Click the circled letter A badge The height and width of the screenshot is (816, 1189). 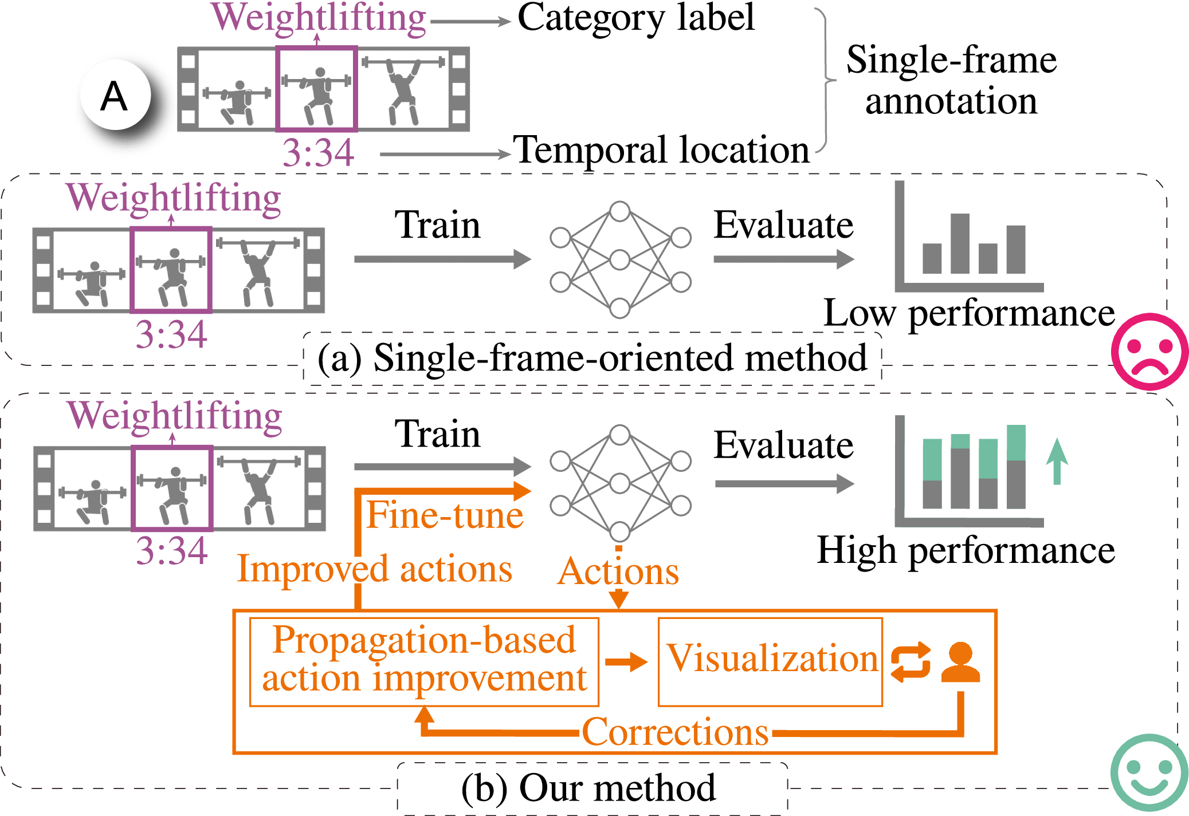pyautogui.click(x=115, y=95)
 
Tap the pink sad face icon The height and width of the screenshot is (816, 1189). pyautogui.click(x=1149, y=352)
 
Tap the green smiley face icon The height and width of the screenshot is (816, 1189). pyautogui.click(x=1149, y=772)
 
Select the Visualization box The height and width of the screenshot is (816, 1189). pyautogui.click(x=770, y=661)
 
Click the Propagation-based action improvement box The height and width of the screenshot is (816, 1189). pyautogui.click(x=424, y=661)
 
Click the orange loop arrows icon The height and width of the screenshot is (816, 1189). pyautogui.click(x=911, y=662)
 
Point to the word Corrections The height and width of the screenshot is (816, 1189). pyautogui.click(x=675, y=732)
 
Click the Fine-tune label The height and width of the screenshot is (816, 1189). pyautogui.click(x=445, y=515)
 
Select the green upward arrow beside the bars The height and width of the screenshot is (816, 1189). pyautogui.click(x=1057, y=461)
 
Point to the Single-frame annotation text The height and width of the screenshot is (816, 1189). pyautogui.click(x=951, y=80)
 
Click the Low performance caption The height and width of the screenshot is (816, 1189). pyautogui.click(x=969, y=313)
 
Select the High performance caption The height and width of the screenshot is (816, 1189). pyautogui.click(x=966, y=550)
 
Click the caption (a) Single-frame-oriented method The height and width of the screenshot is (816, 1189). pyautogui.click(x=592, y=358)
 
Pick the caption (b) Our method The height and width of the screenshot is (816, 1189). pyautogui.click(x=588, y=788)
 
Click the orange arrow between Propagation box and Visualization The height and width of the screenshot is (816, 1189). pyautogui.click(x=626, y=662)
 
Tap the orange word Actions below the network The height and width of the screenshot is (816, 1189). pyautogui.click(x=618, y=571)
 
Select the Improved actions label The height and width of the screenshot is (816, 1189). pyautogui.click(x=375, y=569)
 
